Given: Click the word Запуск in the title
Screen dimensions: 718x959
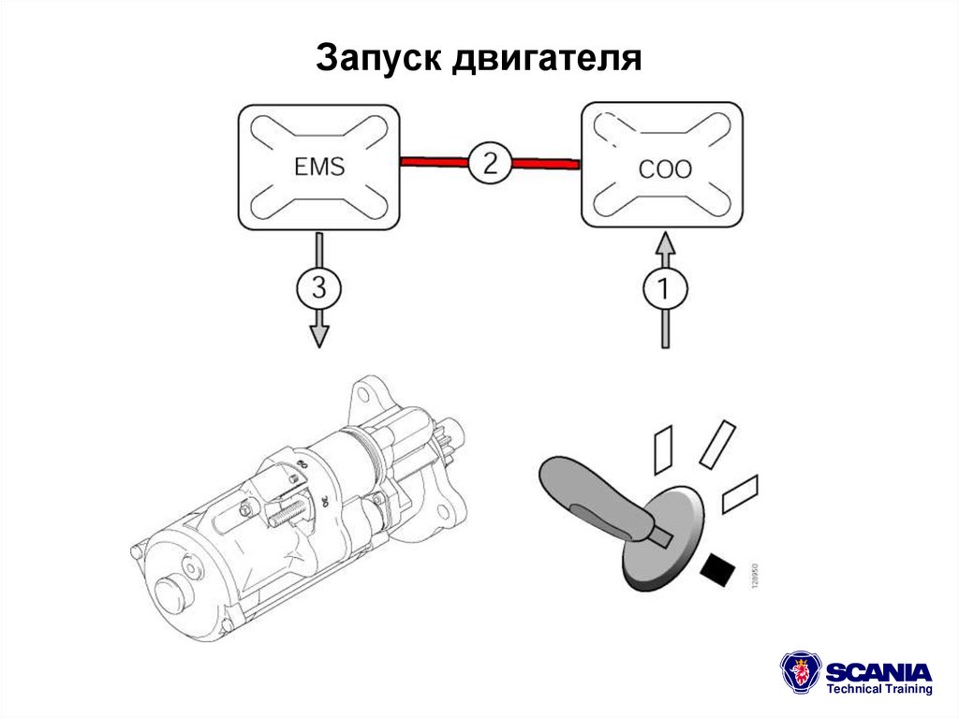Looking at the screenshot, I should click(378, 60).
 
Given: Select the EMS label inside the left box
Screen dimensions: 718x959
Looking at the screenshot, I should click(318, 167).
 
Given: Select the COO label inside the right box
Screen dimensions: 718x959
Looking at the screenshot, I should click(664, 169).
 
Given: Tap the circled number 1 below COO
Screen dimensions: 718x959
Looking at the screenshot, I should click(664, 289).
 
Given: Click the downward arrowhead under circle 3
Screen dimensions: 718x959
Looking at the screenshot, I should click(319, 336).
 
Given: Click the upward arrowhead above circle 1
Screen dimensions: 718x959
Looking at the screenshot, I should click(664, 245).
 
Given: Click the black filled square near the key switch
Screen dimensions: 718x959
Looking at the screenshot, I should click(718, 568).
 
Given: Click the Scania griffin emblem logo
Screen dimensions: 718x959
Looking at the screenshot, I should click(801, 673).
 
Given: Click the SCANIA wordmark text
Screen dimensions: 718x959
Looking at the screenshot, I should click(878, 671).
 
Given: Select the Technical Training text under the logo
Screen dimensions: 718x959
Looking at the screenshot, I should click(878, 690).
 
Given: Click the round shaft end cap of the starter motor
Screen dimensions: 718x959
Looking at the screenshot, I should click(173, 592).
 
